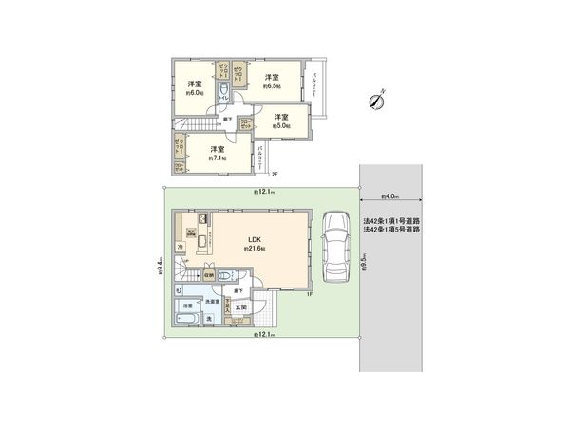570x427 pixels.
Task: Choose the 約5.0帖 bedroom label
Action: click(282, 121)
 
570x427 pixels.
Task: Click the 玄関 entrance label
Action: click(241, 307)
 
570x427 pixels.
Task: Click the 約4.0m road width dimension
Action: click(389, 196)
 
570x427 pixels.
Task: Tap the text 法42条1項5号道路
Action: click(391, 231)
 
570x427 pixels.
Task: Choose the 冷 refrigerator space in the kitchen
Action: click(180, 248)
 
